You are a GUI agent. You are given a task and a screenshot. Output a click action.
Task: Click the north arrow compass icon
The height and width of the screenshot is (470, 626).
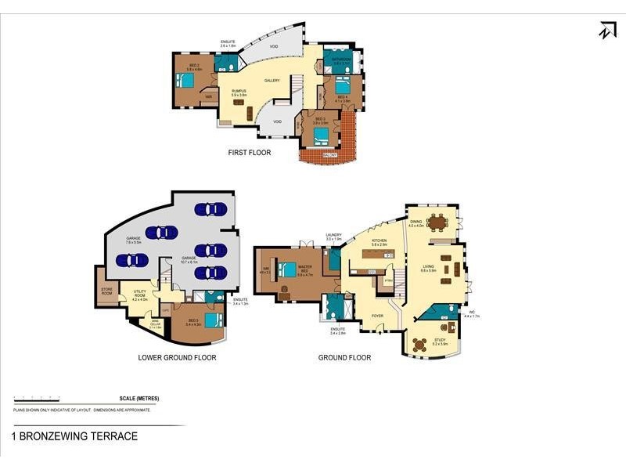pyautogui.click(x=607, y=30)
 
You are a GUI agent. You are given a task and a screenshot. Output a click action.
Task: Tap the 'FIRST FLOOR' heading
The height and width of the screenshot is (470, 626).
pyautogui.click(x=250, y=153)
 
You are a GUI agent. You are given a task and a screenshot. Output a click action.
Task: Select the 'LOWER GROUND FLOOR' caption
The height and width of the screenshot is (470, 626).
pyautogui.click(x=177, y=357)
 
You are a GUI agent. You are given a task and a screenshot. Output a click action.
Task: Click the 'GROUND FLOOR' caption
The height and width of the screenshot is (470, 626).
pyautogui.click(x=344, y=357)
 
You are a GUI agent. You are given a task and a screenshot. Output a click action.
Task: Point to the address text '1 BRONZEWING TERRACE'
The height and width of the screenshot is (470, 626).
pyautogui.click(x=74, y=436)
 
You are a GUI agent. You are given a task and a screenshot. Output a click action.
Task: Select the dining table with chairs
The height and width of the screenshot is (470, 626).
pyautogui.click(x=437, y=223)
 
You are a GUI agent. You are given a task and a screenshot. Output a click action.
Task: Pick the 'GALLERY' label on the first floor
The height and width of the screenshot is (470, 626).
pyautogui.click(x=272, y=81)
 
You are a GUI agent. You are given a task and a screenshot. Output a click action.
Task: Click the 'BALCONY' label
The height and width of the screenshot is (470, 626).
pyautogui.click(x=330, y=155)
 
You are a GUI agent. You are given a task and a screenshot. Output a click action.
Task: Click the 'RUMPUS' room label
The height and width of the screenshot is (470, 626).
pyautogui.click(x=239, y=92)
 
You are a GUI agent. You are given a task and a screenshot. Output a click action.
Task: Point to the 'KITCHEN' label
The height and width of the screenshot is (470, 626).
pyautogui.click(x=379, y=242)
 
